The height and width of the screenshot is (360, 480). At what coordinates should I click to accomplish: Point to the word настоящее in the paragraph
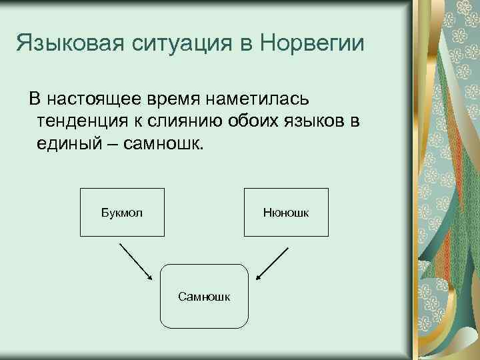[94, 99]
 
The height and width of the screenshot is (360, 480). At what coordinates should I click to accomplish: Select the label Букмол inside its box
[122, 213]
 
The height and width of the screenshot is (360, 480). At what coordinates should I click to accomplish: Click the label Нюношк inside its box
[285, 213]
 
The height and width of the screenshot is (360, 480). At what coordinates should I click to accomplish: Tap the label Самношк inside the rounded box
[205, 296]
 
